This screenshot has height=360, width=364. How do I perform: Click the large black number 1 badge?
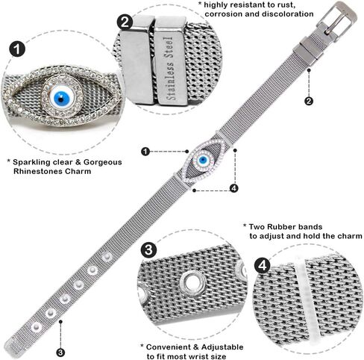point(17,49)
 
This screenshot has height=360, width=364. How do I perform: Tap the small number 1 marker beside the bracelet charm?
point(145,152)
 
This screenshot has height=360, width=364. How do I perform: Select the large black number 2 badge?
point(125,22)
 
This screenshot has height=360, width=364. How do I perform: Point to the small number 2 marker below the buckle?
point(309,101)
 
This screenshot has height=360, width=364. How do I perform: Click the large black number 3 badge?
point(148,249)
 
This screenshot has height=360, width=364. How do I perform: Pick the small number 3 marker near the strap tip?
point(60,353)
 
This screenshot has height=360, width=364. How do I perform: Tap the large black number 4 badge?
point(263,266)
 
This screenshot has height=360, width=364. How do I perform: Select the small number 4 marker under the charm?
point(233,188)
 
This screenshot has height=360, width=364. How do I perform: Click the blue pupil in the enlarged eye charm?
point(61,98)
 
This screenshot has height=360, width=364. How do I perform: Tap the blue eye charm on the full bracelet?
point(202,160)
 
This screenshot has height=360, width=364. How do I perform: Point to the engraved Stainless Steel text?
point(171,68)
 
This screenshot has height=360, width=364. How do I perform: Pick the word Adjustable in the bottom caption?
point(222,347)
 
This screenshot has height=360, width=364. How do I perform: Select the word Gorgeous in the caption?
point(103,162)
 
